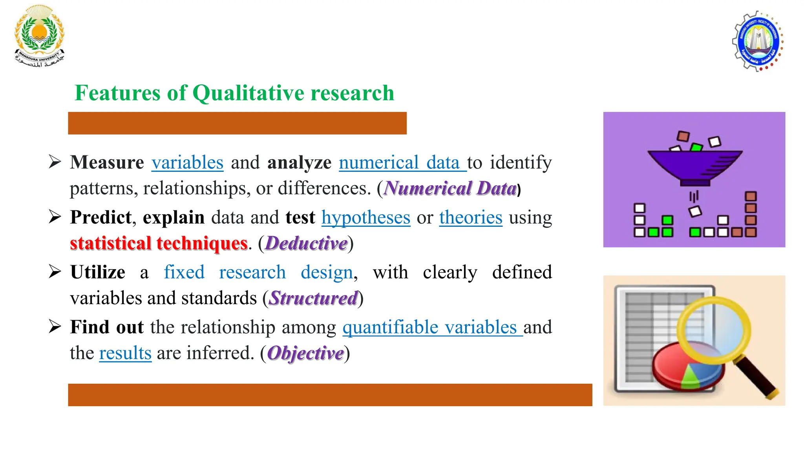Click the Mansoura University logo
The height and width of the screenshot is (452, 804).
39,36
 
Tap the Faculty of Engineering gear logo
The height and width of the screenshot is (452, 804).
758,41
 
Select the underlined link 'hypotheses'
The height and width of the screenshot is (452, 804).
365,217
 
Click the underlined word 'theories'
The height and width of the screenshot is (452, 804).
470,217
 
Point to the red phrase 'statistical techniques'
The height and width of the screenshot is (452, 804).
159,243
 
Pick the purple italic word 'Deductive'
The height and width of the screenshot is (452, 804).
306,243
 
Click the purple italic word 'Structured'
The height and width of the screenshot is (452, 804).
313,298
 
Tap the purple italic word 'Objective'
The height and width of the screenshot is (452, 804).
305,353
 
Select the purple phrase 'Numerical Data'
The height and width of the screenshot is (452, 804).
450,188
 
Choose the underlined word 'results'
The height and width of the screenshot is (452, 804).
125,353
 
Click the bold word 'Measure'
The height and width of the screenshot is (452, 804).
107,162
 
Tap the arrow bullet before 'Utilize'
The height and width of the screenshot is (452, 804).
55,272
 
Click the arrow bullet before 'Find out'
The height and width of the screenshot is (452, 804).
55,326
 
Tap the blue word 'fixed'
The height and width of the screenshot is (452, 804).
184,272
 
